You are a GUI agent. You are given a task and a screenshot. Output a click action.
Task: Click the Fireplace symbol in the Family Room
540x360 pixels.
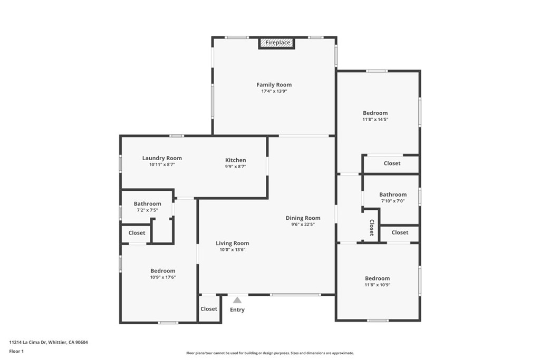point(276,43)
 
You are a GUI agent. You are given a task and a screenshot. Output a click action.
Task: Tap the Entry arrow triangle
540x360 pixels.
point(237,300)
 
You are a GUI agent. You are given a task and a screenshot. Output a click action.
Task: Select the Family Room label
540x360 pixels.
point(274,85)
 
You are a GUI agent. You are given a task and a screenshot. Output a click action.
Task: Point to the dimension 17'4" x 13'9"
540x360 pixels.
point(274,92)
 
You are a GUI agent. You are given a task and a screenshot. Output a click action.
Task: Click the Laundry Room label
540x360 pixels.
point(162,158)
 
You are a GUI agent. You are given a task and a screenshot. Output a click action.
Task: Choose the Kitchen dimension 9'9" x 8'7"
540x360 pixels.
point(236,167)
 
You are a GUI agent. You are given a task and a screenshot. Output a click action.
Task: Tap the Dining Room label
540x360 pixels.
point(303,218)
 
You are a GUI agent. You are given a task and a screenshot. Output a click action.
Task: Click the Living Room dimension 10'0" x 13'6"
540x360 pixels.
point(233,250)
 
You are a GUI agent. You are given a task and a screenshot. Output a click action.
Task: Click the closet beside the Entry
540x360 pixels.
point(209,309)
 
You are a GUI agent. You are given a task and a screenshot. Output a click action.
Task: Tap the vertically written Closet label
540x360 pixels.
point(372,228)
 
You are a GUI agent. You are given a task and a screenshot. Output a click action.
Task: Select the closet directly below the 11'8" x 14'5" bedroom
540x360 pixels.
point(392,163)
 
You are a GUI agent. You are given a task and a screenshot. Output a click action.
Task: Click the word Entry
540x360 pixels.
point(237,310)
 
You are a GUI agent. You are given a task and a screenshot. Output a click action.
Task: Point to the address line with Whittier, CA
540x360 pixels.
point(49,343)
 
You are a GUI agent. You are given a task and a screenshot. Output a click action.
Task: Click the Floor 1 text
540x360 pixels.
point(16,352)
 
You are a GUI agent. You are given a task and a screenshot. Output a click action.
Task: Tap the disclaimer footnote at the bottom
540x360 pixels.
point(270,353)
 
